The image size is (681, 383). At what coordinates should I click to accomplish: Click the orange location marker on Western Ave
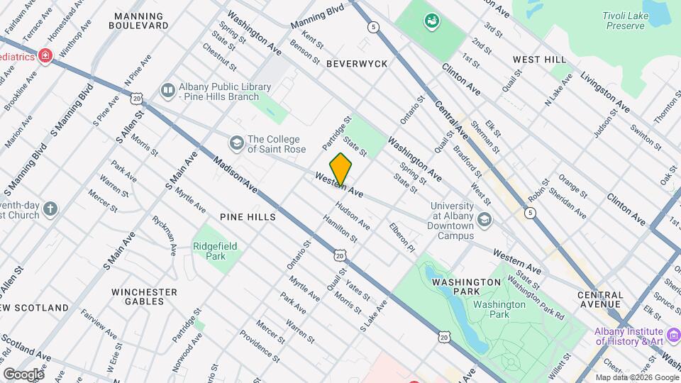340,169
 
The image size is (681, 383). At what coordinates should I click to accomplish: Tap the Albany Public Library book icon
167,91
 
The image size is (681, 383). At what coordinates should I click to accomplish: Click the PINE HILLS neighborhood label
247,217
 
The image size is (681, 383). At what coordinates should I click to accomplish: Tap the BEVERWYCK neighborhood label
357,64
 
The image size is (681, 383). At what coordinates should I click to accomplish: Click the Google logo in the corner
23,374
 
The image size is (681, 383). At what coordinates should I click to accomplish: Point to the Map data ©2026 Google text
636,377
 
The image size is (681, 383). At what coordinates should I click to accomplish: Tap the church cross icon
49,209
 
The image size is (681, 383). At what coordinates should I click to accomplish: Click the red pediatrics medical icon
46,55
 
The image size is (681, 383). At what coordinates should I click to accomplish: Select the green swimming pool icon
430,21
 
